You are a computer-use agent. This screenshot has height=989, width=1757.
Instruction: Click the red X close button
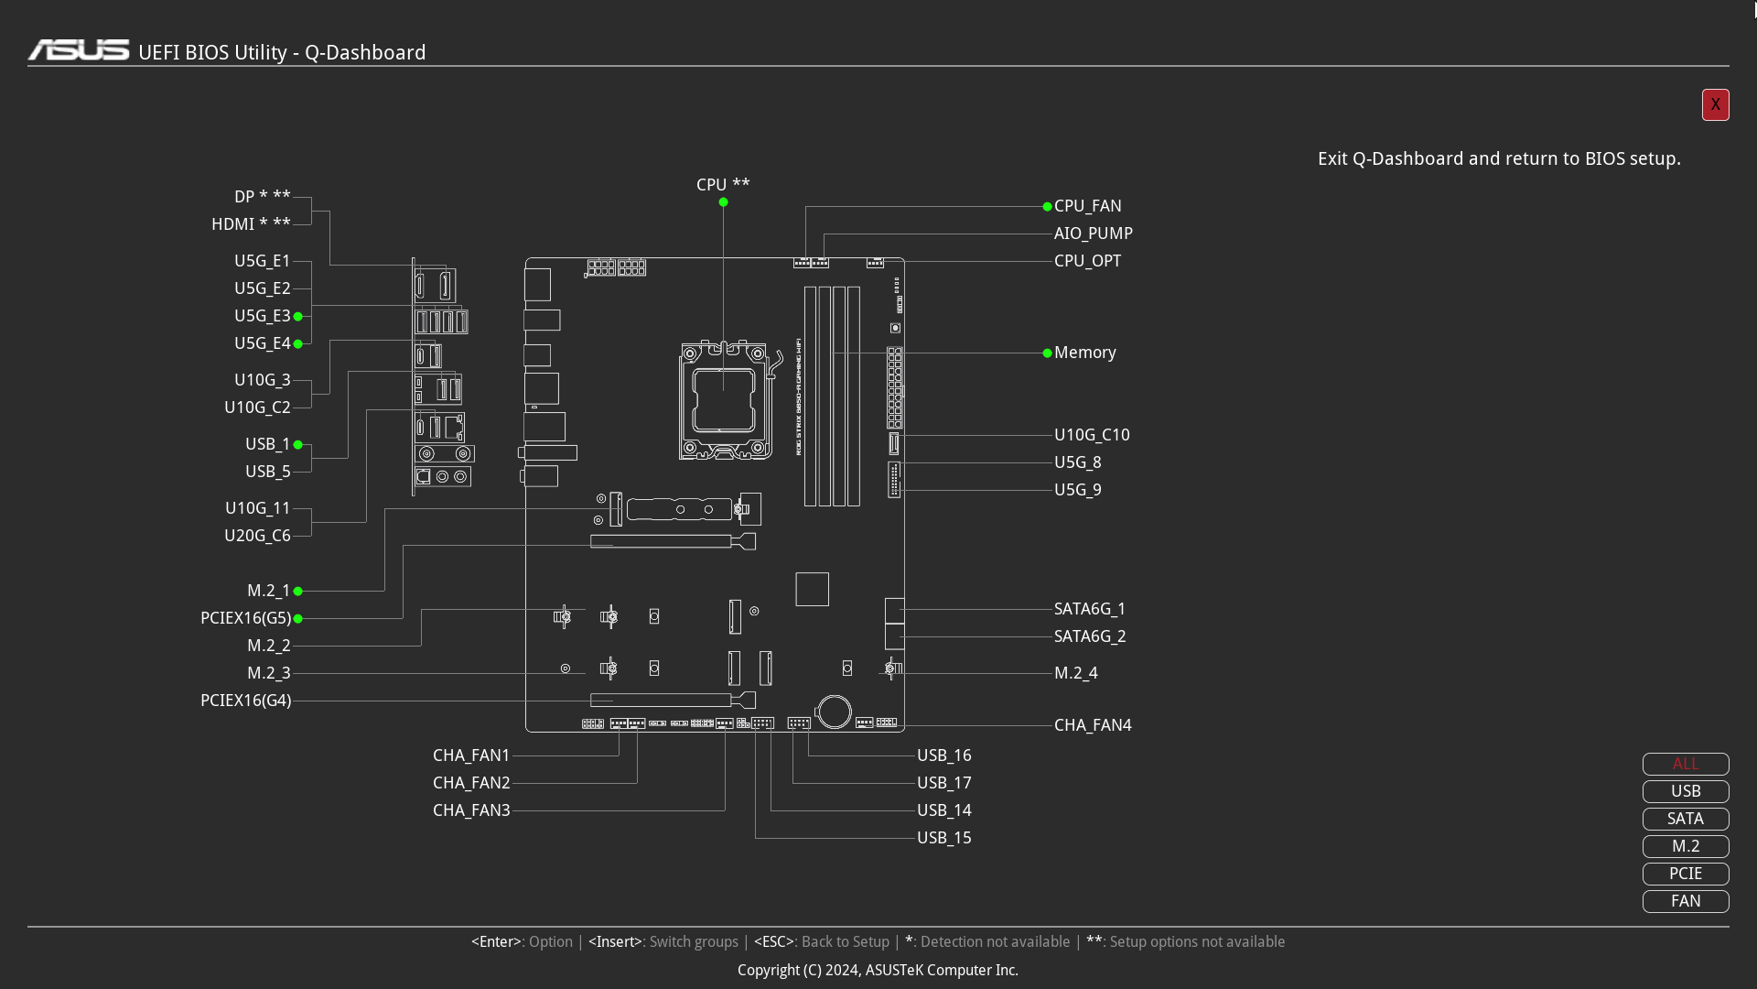pos(1715,104)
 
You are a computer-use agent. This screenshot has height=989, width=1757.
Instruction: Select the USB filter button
pos(1686,791)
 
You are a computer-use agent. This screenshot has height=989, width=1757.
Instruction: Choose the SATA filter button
pos(1686,819)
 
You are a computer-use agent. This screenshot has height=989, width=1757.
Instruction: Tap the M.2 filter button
pos(1686,846)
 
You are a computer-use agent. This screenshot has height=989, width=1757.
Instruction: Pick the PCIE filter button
pos(1686,874)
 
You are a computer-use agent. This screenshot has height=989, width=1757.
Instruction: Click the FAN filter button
pos(1686,901)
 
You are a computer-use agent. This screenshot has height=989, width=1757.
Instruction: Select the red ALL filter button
pos(1686,764)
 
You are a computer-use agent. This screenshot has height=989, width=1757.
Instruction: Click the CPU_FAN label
pos(1087,206)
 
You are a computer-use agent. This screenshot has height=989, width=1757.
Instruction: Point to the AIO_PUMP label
pos(1093,234)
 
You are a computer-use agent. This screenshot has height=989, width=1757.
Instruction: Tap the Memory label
pos(1084,353)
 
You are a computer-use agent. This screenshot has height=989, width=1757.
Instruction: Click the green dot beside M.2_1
pos(297,592)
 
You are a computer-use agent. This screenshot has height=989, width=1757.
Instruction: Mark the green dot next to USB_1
pos(297,445)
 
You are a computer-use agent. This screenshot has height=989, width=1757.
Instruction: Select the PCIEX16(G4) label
pos(245,701)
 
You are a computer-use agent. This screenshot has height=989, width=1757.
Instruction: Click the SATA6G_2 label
pos(1090,636)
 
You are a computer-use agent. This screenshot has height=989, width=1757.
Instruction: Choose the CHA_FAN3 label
pos(471,810)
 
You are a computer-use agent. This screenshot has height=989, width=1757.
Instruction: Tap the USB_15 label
pos(944,838)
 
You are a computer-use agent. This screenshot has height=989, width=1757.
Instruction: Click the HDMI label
pos(232,224)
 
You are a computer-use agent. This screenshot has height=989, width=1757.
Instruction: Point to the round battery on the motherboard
pos(835,712)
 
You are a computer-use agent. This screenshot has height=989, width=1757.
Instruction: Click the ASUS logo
pos(79,50)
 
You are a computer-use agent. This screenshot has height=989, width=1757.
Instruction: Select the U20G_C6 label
pos(257,536)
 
